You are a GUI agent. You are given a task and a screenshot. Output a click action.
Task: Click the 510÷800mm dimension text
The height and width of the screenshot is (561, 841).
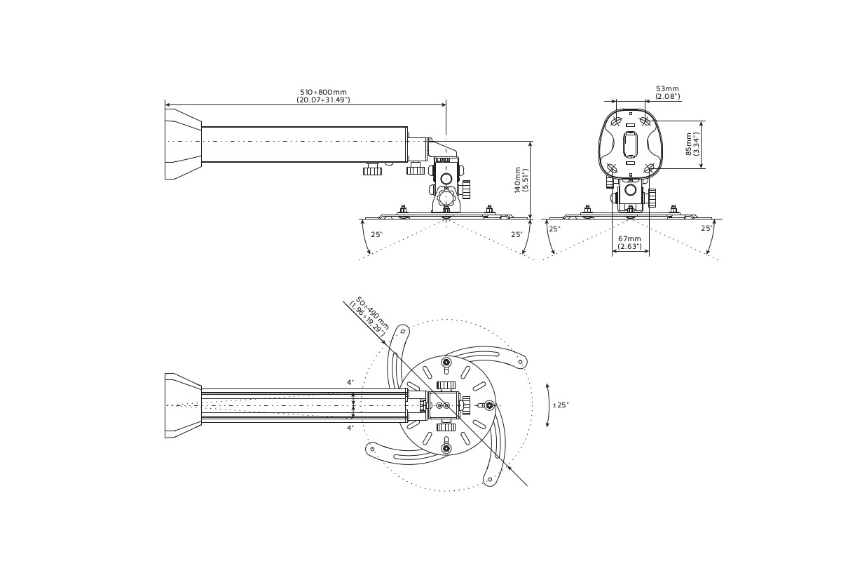coord(323,92)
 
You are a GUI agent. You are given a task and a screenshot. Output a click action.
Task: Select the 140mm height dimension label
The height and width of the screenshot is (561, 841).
coord(518,180)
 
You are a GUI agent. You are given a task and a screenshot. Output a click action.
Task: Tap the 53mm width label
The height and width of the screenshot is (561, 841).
coord(667,88)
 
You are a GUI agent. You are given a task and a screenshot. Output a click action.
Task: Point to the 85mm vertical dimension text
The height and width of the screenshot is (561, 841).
coord(689,144)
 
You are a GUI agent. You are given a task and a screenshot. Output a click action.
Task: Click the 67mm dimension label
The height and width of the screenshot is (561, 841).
coord(629,238)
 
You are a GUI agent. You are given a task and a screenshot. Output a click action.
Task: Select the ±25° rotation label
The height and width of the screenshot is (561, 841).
coord(561,405)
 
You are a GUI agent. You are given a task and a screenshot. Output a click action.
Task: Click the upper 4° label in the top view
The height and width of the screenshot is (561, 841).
coord(350,382)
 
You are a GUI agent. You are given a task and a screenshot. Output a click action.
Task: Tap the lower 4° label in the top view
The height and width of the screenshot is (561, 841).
coord(350,427)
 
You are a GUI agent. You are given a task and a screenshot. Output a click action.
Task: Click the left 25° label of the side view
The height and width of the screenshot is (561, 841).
coord(376,234)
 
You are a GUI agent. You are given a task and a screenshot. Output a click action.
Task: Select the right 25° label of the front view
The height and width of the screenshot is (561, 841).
coord(706,229)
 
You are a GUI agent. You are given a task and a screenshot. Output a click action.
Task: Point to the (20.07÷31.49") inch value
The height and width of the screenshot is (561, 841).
coord(323,100)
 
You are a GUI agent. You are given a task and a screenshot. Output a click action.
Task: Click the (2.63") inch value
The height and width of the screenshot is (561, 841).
coord(629,246)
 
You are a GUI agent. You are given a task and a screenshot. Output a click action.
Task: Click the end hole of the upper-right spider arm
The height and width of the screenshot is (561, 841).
coord(520,363)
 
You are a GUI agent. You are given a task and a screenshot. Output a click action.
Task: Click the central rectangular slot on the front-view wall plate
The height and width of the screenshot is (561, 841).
coord(630,144)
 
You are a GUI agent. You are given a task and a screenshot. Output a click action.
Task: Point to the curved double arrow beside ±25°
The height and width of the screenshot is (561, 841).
coord(548,405)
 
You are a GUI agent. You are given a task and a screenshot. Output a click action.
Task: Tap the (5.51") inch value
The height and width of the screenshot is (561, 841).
coord(526,180)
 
